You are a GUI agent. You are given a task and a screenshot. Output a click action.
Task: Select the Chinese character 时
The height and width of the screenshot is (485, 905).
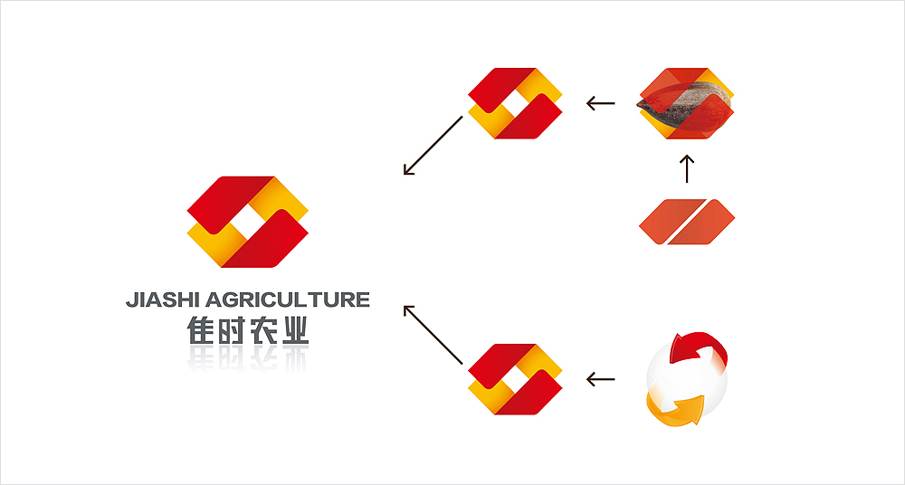tap(233, 331)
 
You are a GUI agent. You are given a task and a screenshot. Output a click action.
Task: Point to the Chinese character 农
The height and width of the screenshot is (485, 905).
tap(263, 331)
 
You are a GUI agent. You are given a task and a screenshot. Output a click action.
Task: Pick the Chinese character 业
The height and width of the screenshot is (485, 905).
tap(294, 331)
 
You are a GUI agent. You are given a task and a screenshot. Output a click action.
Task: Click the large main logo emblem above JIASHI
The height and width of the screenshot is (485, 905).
tap(248, 223)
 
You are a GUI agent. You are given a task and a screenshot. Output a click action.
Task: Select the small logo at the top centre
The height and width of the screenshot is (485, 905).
tap(515, 103)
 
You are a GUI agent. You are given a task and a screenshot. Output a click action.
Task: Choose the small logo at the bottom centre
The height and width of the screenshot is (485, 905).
tap(515, 379)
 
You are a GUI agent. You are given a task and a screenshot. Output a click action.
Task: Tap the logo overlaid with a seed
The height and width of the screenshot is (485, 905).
tap(686, 103)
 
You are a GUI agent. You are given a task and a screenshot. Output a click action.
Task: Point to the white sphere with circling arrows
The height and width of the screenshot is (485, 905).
tap(688, 380)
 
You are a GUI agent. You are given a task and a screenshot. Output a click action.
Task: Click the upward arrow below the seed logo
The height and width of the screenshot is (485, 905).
tap(687, 168)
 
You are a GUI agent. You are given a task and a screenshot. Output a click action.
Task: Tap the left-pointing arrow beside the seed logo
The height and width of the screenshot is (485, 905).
tap(601, 103)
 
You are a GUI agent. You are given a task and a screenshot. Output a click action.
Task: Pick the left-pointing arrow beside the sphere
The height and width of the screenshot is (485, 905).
tap(601, 379)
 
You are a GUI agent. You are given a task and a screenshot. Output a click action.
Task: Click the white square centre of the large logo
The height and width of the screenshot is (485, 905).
tap(248, 223)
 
